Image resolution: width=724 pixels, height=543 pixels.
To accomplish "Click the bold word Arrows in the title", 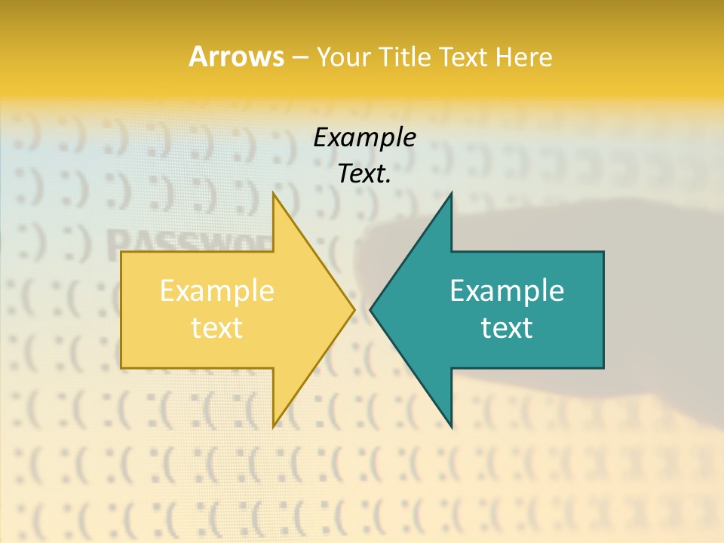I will click(235, 57).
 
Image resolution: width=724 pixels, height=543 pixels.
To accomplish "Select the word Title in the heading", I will click(406, 57).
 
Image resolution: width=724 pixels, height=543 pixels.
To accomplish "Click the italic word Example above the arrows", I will click(364, 138).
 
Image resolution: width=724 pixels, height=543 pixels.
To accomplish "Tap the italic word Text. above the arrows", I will click(364, 174).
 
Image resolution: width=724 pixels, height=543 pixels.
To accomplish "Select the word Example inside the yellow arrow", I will click(217, 291).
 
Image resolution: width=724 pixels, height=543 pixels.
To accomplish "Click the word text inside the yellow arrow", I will click(217, 328).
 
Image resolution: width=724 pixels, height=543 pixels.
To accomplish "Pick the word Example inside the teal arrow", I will click(507, 291).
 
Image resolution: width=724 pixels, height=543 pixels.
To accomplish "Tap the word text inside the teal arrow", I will click(507, 328).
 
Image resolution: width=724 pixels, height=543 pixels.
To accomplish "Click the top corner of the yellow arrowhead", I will click(274, 193).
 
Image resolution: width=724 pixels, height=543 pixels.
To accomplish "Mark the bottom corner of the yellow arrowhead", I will click(274, 426).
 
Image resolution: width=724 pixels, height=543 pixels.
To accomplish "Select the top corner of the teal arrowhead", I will click(451, 193).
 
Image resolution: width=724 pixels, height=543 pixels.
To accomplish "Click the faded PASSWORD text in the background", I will click(189, 243).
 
